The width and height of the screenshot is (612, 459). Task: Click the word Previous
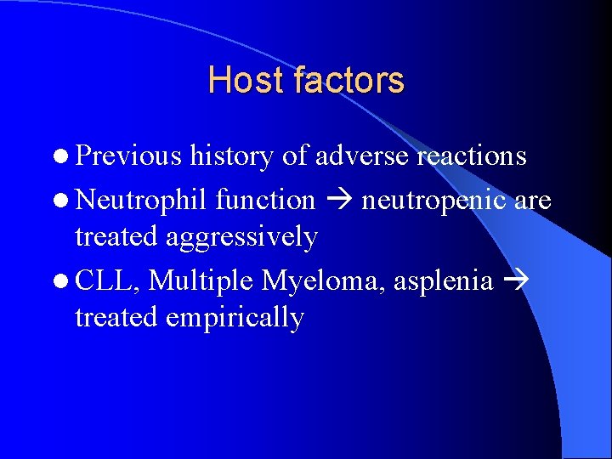[128, 156]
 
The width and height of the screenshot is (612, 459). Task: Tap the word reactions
[472, 156]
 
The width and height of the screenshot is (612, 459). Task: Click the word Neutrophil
[142, 201]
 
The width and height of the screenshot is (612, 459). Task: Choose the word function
[265, 201]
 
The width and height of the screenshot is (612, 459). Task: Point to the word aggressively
[242, 237]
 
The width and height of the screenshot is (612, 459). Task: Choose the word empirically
[235, 317]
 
